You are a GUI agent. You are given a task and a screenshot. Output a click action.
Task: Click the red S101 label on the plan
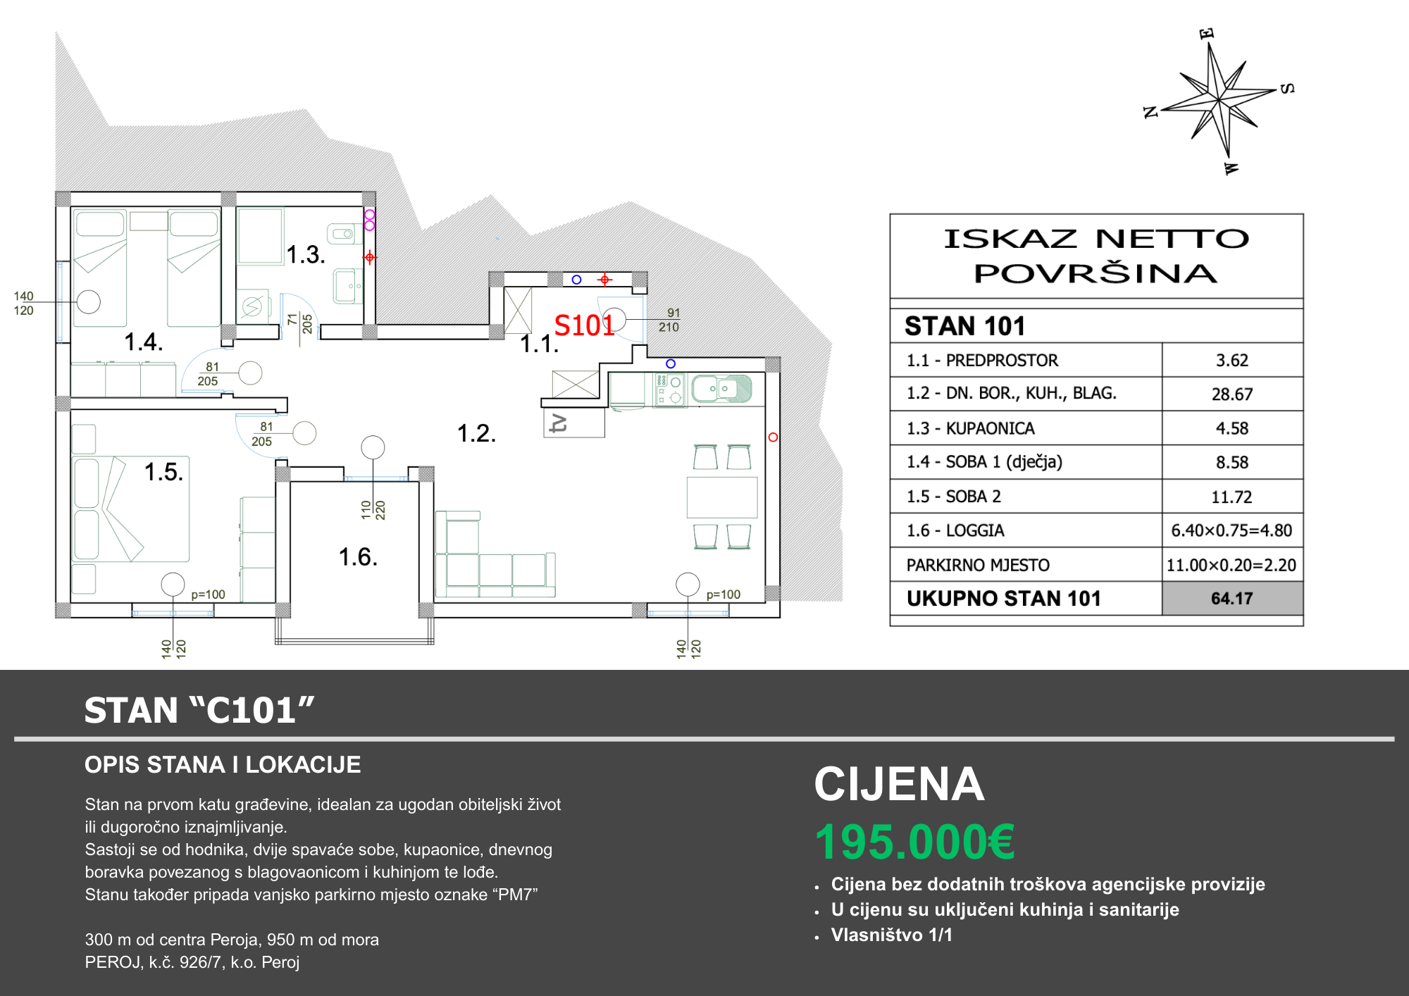coord(584,325)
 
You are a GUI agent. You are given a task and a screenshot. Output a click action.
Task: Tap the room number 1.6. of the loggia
coord(358,557)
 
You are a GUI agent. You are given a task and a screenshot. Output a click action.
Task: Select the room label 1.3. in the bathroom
coord(306,254)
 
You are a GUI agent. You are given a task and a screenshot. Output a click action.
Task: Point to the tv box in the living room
coord(574,423)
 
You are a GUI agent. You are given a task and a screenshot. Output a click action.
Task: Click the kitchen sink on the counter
coord(721,388)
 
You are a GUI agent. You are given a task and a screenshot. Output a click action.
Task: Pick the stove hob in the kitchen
coord(669,390)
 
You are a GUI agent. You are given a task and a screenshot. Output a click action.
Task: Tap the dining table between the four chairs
coord(722,497)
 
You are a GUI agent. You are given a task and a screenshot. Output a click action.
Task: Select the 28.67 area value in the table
coord(1232,394)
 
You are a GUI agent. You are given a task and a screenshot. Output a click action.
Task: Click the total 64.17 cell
coord(1232,599)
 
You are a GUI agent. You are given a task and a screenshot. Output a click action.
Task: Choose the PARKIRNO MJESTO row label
coord(978,565)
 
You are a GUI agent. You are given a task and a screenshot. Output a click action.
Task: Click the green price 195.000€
coord(914,842)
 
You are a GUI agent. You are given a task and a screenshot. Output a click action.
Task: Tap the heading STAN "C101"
coord(199,710)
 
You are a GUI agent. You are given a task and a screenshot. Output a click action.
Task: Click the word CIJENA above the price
coord(899,784)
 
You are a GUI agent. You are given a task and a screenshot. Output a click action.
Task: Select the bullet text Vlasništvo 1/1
coord(892,935)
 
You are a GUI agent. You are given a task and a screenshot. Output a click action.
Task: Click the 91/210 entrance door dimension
coord(669,320)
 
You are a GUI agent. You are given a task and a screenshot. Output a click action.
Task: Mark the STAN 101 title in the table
coord(964,326)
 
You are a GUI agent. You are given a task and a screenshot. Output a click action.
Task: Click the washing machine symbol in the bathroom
coord(252,306)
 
